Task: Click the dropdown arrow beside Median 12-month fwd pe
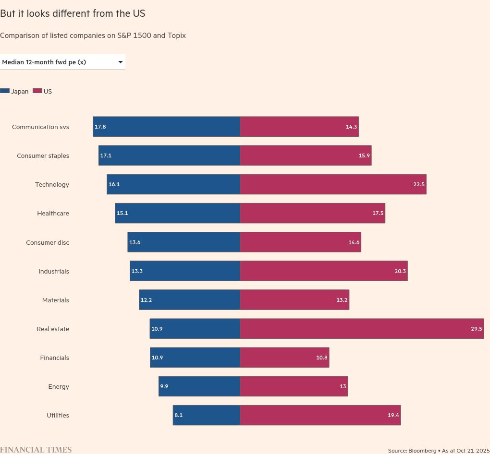[120, 62]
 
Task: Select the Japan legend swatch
[5, 91]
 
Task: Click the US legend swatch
[37, 91]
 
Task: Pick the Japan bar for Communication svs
[167, 127]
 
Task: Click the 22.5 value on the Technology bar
[419, 185]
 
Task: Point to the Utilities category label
[58, 416]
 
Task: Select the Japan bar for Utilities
[207, 415]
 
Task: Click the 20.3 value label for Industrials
[400, 271]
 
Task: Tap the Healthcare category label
[53, 214]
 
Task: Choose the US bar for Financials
[284, 358]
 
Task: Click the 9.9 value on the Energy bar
[164, 386]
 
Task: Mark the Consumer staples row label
[43, 156]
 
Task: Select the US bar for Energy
[294, 386]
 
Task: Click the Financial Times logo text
[36, 450]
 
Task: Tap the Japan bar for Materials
[190, 300]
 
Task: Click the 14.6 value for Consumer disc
[354, 242]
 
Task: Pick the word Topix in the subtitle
[176, 36]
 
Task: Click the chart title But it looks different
[73, 13]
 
